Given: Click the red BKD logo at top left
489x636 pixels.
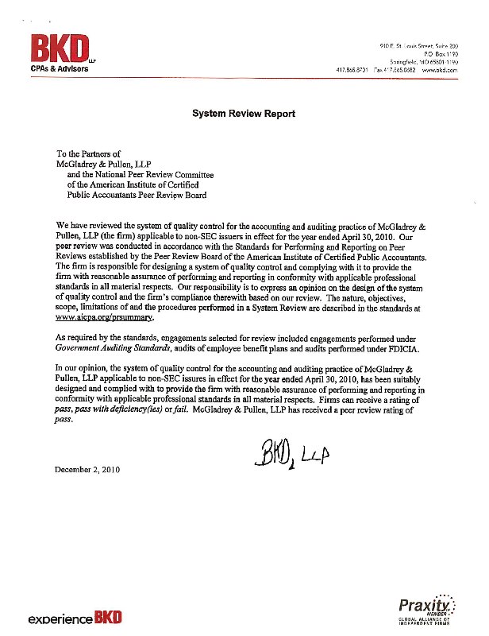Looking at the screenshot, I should (60, 49).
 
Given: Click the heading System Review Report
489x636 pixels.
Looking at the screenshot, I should (244, 114).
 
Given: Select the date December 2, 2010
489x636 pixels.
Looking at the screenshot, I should (87, 470).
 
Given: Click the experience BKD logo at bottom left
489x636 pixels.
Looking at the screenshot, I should (75, 619).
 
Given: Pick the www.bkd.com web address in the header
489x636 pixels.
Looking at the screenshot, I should (441, 70).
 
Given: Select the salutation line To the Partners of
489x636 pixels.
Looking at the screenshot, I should (88, 153).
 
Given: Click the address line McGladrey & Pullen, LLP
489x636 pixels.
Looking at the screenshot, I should (106, 163).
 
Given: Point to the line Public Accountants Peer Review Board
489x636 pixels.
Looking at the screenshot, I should (137, 194).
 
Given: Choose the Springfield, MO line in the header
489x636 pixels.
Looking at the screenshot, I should (420, 61).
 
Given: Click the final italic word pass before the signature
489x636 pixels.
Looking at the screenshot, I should (64, 421).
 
